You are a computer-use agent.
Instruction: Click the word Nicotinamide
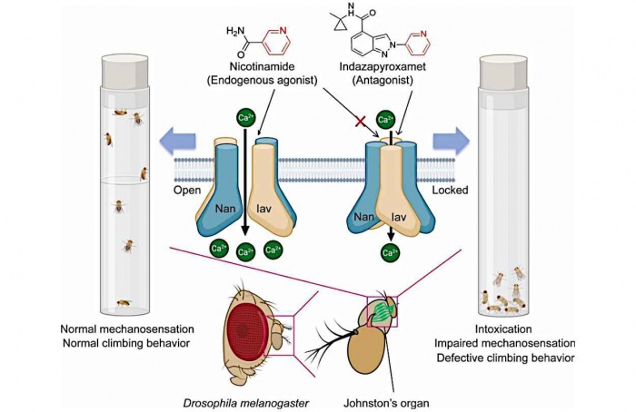[x=262, y=66]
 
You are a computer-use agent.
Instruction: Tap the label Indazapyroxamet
[x=383, y=66]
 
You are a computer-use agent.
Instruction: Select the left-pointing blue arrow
[x=177, y=142]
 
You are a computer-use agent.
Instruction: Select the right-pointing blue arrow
[x=452, y=142]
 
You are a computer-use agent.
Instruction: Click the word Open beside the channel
[x=187, y=190]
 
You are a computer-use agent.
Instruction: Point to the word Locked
[x=450, y=190]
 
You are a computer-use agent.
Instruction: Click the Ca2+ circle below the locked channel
[x=390, y=252]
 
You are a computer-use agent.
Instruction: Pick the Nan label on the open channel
[x=225, y=208]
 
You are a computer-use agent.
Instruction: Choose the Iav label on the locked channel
[x=398, y=217]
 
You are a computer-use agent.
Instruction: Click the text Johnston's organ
[x=386, y=403]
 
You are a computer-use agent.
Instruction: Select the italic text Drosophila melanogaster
[x=246, y=403]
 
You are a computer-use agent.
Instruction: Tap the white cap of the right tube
[x=503, y=72]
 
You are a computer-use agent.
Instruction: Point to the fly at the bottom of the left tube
[x=124, y=302]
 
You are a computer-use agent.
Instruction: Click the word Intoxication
[x=503, y=329]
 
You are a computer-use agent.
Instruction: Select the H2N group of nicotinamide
[x=235, y=31]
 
